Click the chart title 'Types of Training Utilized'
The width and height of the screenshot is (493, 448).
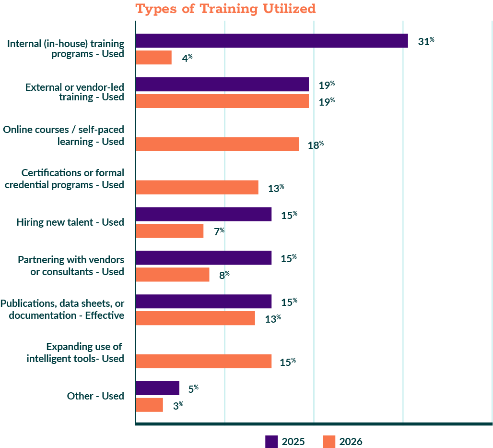[x=225, y=9]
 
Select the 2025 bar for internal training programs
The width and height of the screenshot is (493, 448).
[x=271, y=41]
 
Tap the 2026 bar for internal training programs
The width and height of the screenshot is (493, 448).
[x=153, y=58]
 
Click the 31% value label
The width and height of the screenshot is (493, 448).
[x=426, y=42]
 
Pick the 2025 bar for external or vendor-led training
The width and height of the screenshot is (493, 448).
[x=222, y=85]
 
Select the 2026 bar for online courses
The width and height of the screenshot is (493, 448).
[x=217, y=145]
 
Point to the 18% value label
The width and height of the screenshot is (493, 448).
[x=316, y=145]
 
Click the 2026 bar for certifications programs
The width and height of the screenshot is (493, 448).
[x=197, y=188]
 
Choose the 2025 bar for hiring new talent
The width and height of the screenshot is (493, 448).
[x=203, y=214]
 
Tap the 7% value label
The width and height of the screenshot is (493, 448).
[x=219, y=231]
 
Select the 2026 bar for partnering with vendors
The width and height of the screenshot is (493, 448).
[x=172, y=275]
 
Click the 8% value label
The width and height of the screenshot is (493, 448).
[x=224, y=275]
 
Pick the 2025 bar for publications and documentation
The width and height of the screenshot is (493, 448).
[x=203, y=302]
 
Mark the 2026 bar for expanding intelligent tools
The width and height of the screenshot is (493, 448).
[x=203, y=362]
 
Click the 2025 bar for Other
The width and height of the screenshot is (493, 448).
[x=157, y=388]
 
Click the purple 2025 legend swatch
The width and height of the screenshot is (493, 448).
[x=271, y=441]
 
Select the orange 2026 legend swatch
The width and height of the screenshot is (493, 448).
[x=329, y=441]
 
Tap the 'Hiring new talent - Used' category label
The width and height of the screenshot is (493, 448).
[x=70, y=222]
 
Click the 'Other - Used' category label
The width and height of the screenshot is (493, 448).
[x=95, y=396]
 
